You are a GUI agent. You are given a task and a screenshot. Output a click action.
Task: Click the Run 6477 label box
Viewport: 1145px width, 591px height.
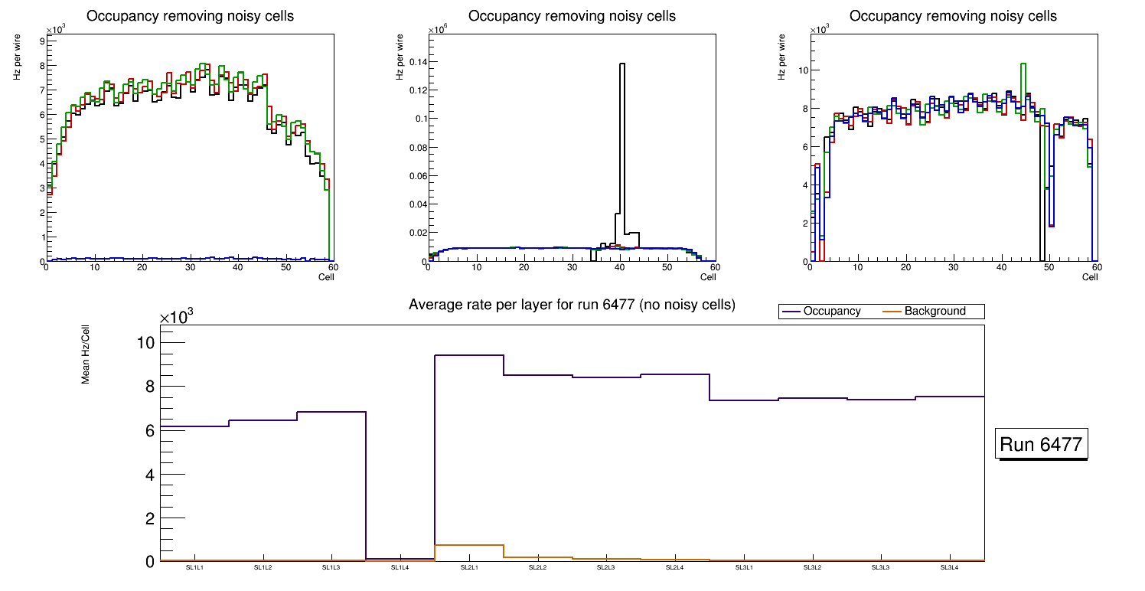(1041, 444)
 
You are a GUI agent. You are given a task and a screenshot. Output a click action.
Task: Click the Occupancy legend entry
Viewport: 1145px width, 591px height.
(831, 312)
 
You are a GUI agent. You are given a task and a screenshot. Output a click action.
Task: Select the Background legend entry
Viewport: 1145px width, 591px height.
(935, 312)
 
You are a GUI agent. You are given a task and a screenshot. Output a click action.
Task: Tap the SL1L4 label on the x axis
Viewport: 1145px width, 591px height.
(400, 568)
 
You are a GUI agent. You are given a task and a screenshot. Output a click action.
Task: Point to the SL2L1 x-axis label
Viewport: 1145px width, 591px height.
(468, 568)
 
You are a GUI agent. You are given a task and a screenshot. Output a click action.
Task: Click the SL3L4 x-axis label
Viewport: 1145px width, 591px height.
(949, 568)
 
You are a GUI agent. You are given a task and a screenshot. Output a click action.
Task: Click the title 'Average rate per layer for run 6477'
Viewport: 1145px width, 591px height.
(572, 305)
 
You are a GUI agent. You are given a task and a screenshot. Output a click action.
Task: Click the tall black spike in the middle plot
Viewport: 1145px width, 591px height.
(622, 138)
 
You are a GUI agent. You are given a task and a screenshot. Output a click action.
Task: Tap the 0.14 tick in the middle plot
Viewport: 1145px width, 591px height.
(417, 62)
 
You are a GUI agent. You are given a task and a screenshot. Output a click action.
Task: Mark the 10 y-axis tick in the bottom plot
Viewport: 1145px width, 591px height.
(145, 342)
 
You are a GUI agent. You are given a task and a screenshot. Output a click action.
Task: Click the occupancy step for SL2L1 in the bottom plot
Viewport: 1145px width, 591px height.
(468, 355)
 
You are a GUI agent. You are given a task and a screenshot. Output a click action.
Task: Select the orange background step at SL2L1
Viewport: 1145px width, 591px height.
(468, 545)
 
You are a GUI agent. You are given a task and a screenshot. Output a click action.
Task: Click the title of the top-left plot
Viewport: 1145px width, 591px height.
(189, 16)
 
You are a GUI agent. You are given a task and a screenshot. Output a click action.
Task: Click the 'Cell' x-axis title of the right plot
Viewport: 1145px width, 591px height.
(1090, 276)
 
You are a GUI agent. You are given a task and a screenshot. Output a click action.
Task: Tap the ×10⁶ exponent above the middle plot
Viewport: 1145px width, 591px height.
(437, 30)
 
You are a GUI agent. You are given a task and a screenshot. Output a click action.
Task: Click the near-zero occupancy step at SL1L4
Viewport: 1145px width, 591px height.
(400, 559)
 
